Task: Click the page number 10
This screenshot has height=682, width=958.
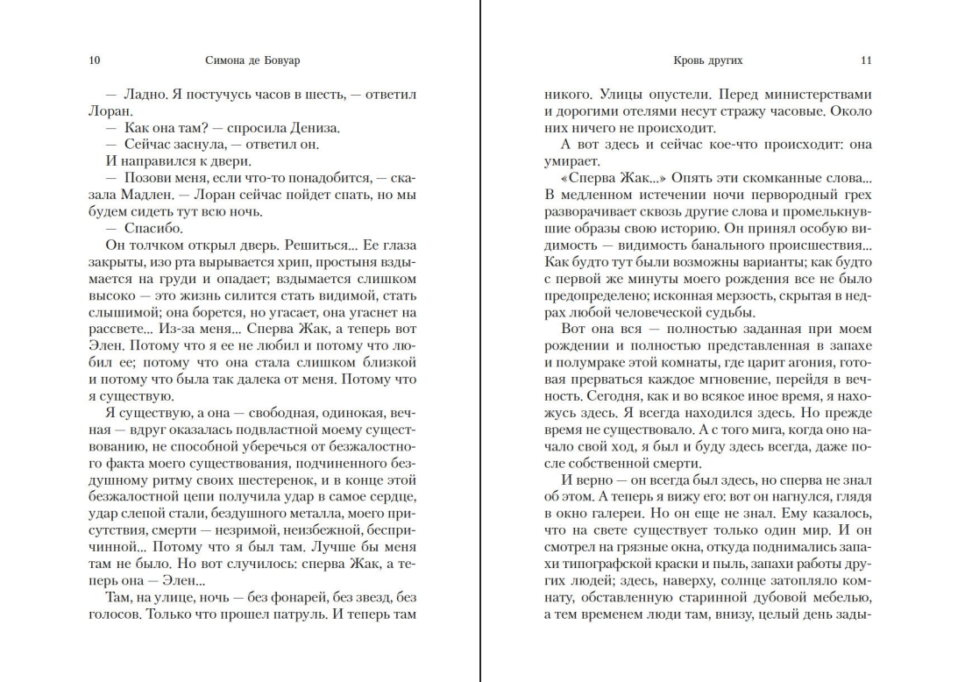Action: [x=95, y=61]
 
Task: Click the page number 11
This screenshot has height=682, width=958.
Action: [x=866, y=61]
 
